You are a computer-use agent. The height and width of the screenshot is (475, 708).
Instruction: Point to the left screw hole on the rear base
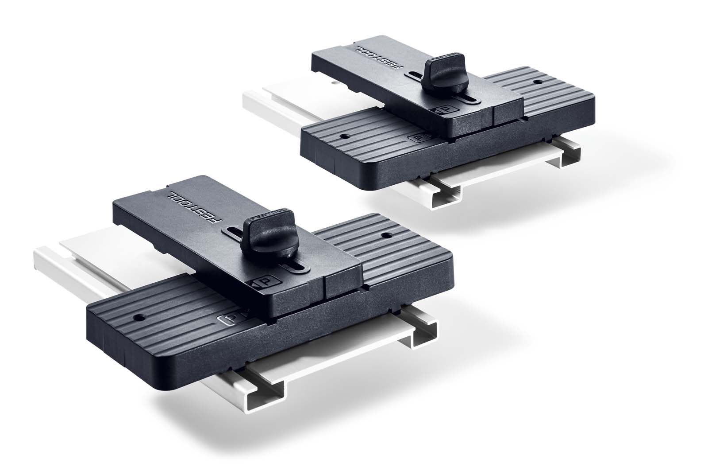click(x=344, y=136)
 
